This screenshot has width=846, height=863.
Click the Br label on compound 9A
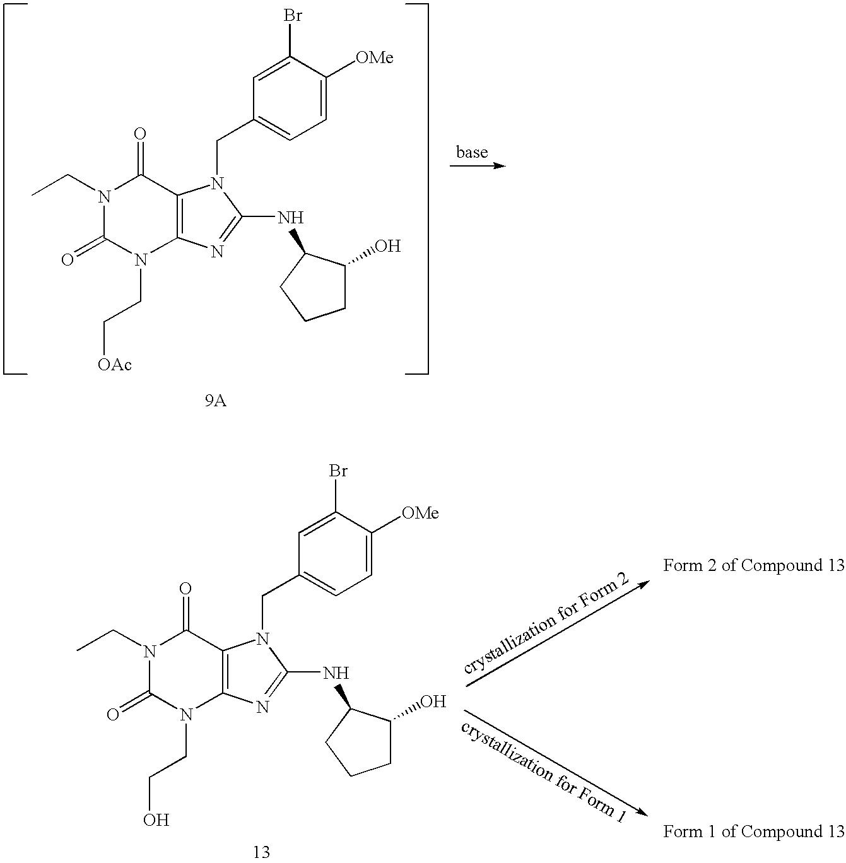292,16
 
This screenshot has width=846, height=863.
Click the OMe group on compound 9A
375,57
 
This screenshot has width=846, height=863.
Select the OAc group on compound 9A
115,364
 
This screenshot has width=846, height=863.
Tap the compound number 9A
216,401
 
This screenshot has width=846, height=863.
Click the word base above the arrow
472,152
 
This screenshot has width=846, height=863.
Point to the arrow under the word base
478,166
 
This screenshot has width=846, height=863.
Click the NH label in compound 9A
290,218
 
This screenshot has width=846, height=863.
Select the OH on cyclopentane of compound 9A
387,246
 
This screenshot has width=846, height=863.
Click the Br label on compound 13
338,471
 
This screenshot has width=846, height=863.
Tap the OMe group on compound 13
420,513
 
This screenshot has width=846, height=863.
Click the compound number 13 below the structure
261,852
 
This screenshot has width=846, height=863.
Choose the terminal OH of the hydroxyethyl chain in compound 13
155,819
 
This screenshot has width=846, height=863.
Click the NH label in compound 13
336,674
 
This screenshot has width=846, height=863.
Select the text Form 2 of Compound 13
753,565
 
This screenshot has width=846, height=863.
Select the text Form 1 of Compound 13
753,831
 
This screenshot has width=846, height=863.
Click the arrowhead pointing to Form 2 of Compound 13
643,584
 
